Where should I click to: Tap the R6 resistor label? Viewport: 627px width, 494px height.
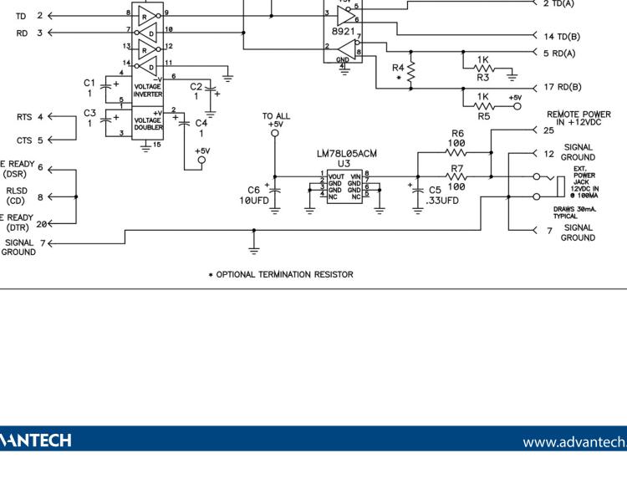point(456,133)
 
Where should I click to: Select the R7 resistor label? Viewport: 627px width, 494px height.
point(456,168)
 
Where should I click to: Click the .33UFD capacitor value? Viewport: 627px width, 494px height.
point(441,201)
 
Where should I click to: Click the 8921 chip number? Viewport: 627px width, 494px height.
point(344,29)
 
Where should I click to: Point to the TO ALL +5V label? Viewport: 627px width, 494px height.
point(274,120)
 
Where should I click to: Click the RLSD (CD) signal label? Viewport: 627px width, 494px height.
point(17,196)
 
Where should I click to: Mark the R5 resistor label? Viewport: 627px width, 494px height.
point(484,116)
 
